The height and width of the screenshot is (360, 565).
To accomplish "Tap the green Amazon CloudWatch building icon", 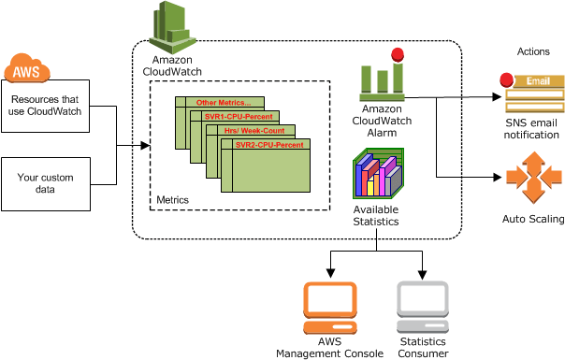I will click(171, 26).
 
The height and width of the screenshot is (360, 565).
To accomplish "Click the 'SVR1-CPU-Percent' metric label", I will click(239, 117).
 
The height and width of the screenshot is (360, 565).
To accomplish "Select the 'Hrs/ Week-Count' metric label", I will click(255, 131).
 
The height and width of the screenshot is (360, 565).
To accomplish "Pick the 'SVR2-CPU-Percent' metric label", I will click(269, 146).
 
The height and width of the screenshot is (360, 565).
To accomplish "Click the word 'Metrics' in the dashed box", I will click(172, 200).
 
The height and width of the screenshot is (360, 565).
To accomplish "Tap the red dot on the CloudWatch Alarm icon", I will click(398, 54).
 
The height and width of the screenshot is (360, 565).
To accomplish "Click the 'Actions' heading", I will click(532, 50).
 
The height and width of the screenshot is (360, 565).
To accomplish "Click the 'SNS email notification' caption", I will click(532, 128).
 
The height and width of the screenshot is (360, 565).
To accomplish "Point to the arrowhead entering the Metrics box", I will click(145, 146).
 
